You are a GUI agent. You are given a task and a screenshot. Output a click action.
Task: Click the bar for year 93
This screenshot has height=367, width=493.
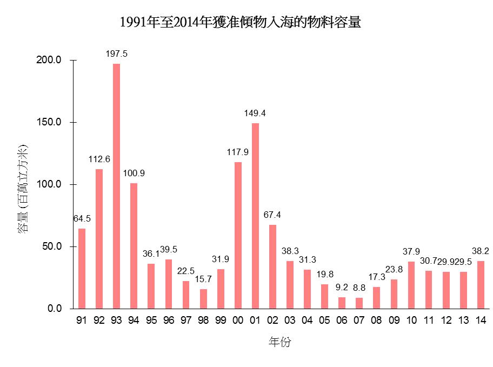[116, 186]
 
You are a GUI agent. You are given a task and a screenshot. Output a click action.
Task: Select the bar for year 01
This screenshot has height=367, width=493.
[255, 216]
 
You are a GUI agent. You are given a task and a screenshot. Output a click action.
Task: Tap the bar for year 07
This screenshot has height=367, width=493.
[359, 303]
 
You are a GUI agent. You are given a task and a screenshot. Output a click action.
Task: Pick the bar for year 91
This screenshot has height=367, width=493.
[82, 269]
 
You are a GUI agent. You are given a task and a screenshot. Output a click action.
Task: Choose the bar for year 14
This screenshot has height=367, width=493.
[481, 285]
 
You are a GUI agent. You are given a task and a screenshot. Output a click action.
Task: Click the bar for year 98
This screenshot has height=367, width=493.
[203, 299]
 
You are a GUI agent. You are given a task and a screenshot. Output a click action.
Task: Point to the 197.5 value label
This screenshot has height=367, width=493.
[116, 54]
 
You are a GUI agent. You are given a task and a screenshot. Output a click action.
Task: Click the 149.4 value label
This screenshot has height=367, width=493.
[255, 114]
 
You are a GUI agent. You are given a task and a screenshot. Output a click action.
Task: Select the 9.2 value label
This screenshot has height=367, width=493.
[342, 288]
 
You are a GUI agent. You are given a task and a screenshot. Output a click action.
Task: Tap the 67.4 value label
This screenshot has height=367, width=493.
[272, 215]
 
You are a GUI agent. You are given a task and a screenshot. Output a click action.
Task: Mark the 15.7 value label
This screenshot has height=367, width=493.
[203, 279]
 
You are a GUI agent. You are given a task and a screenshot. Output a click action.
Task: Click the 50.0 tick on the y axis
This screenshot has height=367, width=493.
[52, 246]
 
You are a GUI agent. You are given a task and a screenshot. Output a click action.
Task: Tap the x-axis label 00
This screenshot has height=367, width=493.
[238, 321]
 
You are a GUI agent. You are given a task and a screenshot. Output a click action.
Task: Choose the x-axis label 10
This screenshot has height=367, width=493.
[411, 321]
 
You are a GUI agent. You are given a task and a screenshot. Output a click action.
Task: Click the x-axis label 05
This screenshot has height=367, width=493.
[324, 321]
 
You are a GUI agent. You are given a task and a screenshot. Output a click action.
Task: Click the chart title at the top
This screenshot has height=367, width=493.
[240, 23]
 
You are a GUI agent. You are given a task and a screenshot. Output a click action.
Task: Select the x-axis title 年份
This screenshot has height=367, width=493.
[280, 342]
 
